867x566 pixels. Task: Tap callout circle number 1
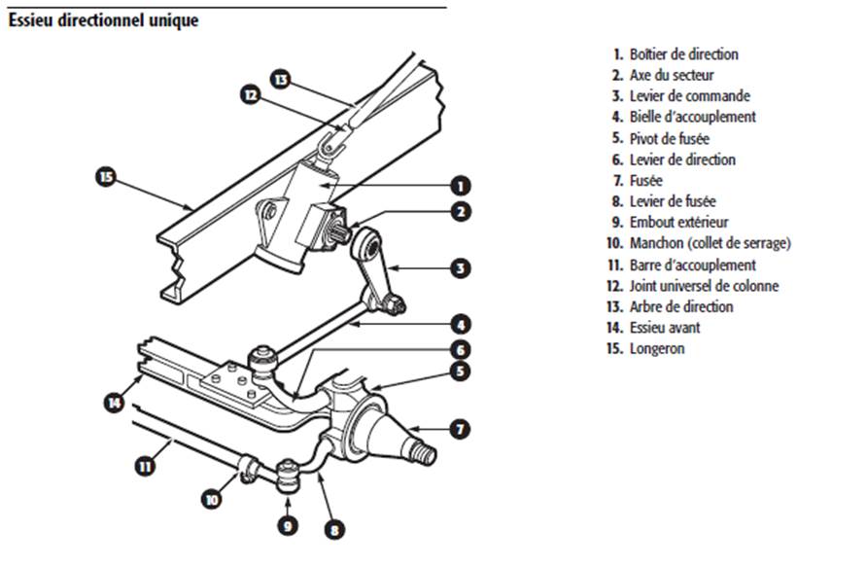pos(462,185)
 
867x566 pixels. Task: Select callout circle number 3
pos(462,266)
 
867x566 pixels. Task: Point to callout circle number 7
pos(462,428)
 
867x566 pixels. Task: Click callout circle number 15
pos(106,176)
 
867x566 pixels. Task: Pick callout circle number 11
pos(145,466)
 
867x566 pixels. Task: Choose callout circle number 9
pos(289,526)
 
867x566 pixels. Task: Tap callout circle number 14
pos(116,401)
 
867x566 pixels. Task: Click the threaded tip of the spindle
pos(426,454)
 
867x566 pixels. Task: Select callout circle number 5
pos(462,371)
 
